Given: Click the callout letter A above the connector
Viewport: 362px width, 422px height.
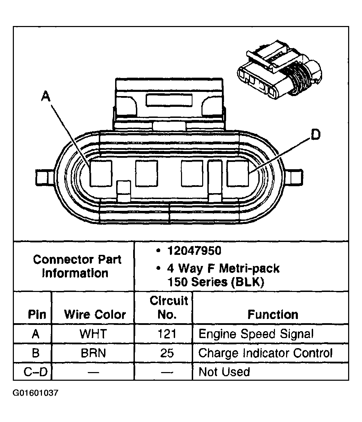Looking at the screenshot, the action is pyautogui.click(x=45, y=96).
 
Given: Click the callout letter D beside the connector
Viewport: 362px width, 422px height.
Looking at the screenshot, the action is pyautogui.click(x=316, y=135).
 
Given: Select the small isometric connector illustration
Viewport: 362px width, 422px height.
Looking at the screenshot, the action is pyautogui.click(x=279, y=69).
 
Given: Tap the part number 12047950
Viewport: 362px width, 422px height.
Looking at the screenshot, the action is pyautogui.click(x=194, y=251).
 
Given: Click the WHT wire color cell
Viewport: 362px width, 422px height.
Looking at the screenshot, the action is pyautogui.click(x=93, y=334).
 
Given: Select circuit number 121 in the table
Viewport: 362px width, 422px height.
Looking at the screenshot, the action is pyautogui.click(x=167, y=334).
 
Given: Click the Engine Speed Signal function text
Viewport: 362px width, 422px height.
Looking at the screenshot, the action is pyautogui.click(x=256, y=334).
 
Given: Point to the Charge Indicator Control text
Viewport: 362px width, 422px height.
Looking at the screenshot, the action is pyautogui.click(x=265, y=353).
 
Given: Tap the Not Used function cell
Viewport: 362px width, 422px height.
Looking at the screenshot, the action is pyautogui.click(x=224, y=372).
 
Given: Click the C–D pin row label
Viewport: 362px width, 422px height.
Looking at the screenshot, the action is pyautogui.click(x=35, y=372).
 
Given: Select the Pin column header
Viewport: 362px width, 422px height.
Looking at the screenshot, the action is pyautogui.click(x=37, y=315).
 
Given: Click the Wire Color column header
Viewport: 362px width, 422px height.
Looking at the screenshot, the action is pyautogui.click(x=95, y=315).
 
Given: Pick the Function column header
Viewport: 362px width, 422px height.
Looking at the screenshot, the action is pyautogui.click(x=273, y=315).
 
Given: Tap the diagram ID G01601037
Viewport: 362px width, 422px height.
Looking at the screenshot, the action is pyautogui.click(x=35, y=398).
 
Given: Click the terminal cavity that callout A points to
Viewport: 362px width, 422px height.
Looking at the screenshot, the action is pyautogui.click(x=101, y=173).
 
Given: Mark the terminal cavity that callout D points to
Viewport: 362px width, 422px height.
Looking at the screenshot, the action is pyautogui.click(x=238, y=173).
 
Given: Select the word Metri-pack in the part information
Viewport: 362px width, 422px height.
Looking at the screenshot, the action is pyautogui.click(x=249, y=268).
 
